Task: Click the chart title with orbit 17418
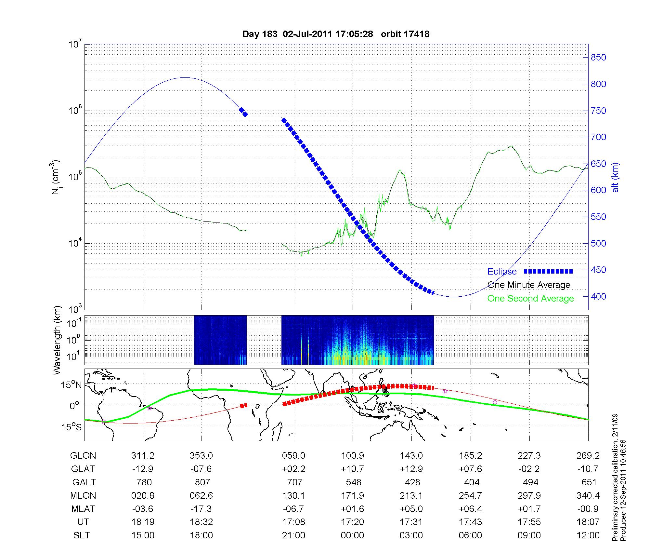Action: tap(336, 34)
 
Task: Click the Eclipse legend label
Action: tap(502, 272)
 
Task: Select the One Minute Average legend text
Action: tap(529, 285)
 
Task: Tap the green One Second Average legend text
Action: tap(530, 299)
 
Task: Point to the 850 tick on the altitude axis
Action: tap(598, 58)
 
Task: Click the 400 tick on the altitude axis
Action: tap(598, 297)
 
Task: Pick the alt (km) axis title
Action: tap(615, 177)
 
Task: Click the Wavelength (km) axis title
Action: tap(57, 340)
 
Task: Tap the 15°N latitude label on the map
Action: tap(72, 385)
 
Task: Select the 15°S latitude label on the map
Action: tap(72, 427)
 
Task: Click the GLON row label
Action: tap(83, 456)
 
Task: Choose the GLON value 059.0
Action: tap(293, 456)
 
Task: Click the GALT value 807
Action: tap(201, 482)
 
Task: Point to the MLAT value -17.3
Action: tap(201, 509)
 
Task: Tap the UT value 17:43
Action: tap(470, 522)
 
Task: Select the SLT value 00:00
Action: tap(352, 535)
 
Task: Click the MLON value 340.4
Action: tap(588, 495)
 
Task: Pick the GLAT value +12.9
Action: tap(411, 469)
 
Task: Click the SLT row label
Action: tap(82, 535)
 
